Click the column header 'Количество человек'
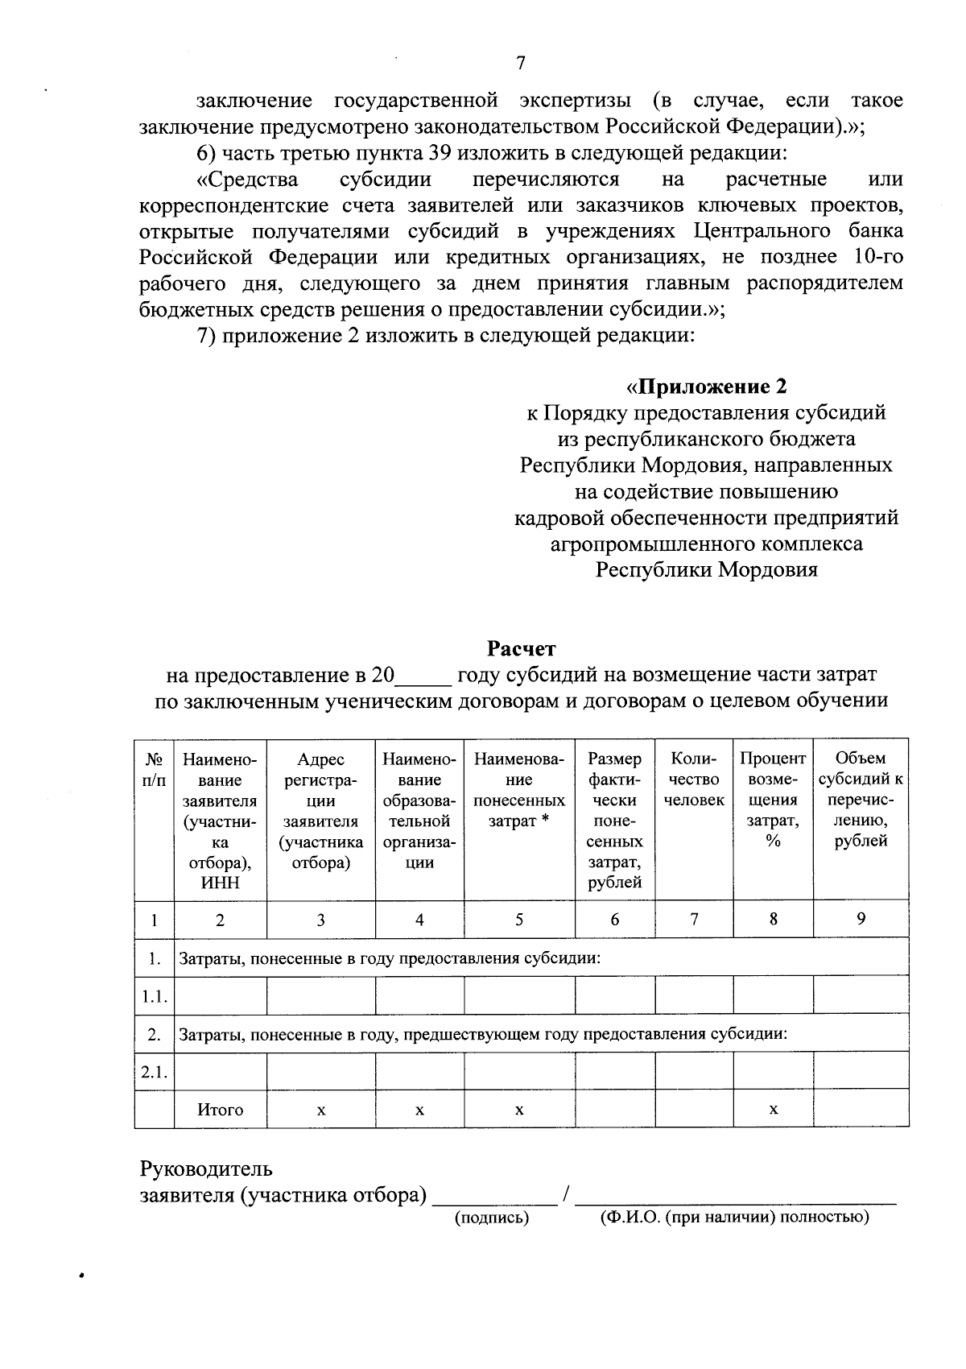(694, 780)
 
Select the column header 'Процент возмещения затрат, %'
(773, 800)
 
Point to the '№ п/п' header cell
(155, 769)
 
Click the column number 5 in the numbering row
(519, 920)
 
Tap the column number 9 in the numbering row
(861, 919)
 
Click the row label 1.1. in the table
(155, 997)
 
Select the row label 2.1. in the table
(155, 1072)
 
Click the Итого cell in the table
(221, 1110)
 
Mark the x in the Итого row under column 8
(773, 1110)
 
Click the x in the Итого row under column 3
(320, 1110)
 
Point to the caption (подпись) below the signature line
(492, 1218)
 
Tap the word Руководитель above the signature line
(206, 1168)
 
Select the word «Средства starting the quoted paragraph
(247, 179)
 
